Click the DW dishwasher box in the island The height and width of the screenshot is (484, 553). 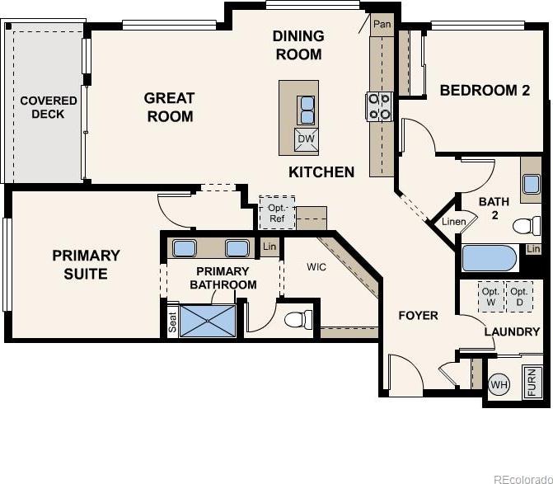click(306, 139)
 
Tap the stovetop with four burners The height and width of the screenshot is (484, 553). click(379, 106)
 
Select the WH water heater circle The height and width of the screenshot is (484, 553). click(499, 384)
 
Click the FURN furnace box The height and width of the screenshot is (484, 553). click(531, 382)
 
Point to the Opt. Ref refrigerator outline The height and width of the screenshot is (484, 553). click(277, 213)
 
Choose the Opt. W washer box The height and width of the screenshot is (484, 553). click(491, 297)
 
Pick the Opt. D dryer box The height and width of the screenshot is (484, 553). click(519, 297)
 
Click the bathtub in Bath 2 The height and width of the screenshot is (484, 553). click(489, 258)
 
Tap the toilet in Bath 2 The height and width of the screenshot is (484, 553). click(526, 226)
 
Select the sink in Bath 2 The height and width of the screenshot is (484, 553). click(531, 185)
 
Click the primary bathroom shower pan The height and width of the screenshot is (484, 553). click(208, 321)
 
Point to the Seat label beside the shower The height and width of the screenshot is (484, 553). click(172, 322)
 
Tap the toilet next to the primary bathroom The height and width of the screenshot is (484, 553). click(298, 320)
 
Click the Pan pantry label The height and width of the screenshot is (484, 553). click(382, 25)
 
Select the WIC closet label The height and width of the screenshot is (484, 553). click(316, 267)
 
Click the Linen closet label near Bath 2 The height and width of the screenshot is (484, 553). click(454, 222)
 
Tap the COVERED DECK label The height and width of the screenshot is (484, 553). click(49, 107)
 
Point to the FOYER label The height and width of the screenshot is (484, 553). click(419, 315)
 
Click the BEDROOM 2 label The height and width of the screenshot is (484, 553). click(485, 91)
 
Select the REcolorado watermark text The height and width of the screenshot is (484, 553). click(523, 479)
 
